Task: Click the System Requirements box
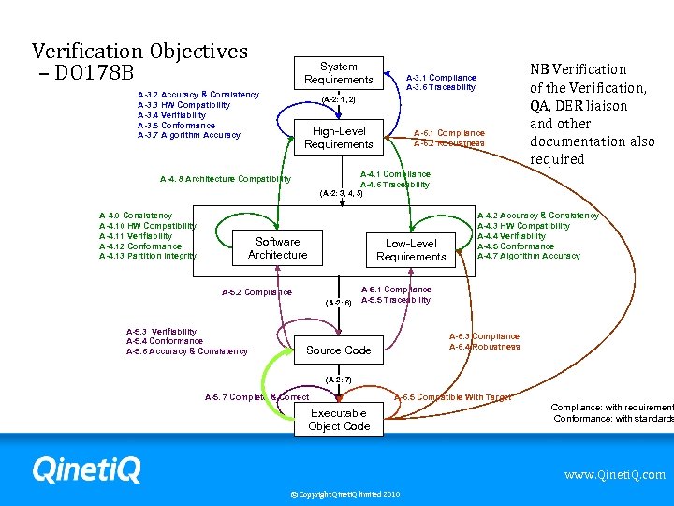coord(338,73)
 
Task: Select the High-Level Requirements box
coord(338,138)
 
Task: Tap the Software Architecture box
coord(277,248)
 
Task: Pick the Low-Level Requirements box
coord(411,250)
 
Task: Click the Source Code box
coord(338,350)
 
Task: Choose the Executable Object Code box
coord(338,420)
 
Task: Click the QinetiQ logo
coord(85,469)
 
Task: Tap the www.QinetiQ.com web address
coord(614,475)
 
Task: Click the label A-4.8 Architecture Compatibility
coord(226,179)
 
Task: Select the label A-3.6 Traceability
coord(441,87)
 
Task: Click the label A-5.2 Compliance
coord(256,292)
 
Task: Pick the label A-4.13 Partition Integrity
coord(148,256)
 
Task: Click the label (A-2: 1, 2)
coord(338,99)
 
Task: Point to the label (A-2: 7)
coord(338,379)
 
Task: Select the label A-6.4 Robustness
coord(484,347)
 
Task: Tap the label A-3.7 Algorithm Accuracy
coord(188,135)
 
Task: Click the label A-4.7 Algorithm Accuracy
coord(528,256)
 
